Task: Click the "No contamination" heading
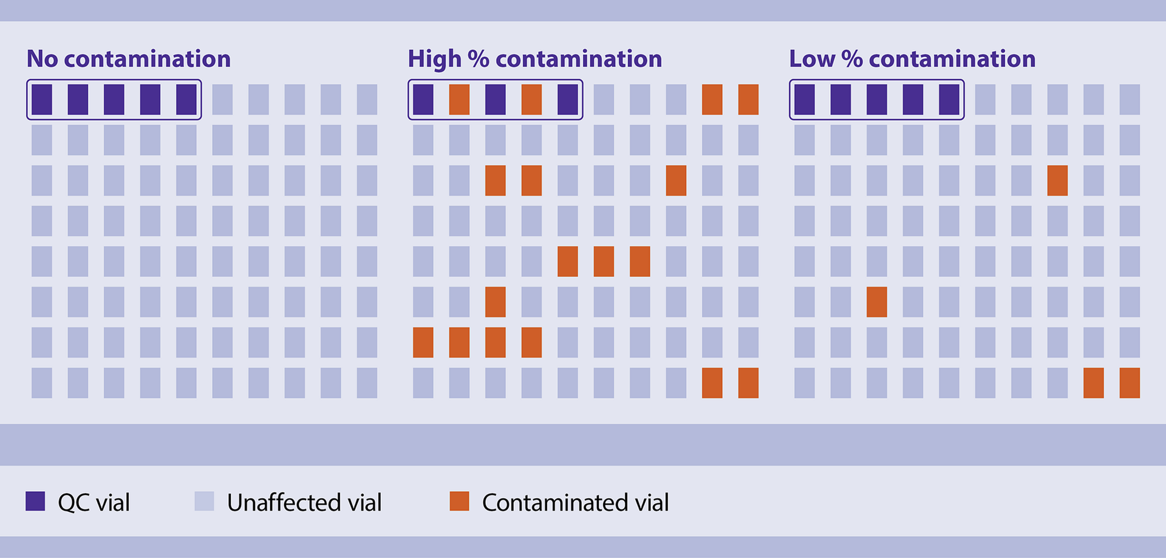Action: coord(128,59)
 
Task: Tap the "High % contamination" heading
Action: coord(534,59)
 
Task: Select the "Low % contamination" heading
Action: coord(912,59)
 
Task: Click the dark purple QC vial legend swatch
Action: coord(35,501)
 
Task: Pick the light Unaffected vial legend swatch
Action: coord(204,501)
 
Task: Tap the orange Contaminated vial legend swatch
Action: coord(459,501)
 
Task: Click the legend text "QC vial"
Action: coord(94,503)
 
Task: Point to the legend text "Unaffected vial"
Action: coord(304,503)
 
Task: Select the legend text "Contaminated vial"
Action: coord(575,503)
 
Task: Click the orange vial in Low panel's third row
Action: coord(1057,180)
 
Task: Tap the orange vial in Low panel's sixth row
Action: coord(876,302)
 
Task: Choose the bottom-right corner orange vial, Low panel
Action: coord(1130,383)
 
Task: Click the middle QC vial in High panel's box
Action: coord(496,100)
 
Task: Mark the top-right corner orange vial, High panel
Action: coord(748,100)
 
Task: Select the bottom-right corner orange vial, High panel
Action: coord(748,383)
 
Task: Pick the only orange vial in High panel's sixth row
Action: coord(496,302)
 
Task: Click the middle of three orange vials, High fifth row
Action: coord(604,261)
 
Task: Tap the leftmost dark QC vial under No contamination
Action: coord(42,100)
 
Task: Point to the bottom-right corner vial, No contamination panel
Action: coord(367,383)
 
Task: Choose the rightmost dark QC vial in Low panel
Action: coord(949,100)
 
